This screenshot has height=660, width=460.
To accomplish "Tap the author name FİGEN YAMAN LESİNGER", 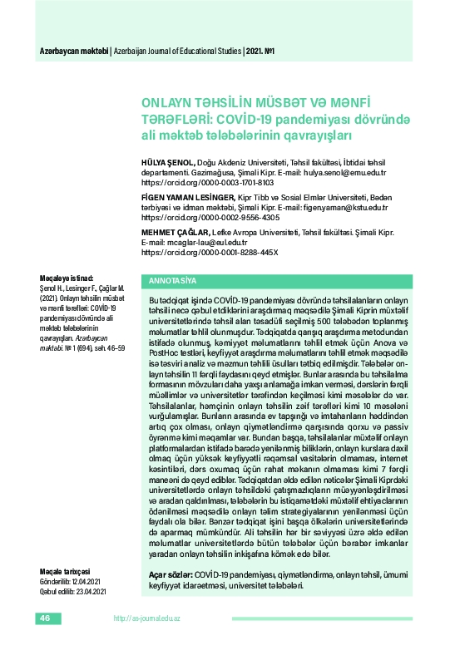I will (x=189, y=197).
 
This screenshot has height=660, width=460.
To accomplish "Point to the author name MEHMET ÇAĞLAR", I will (x=176, y=233).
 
